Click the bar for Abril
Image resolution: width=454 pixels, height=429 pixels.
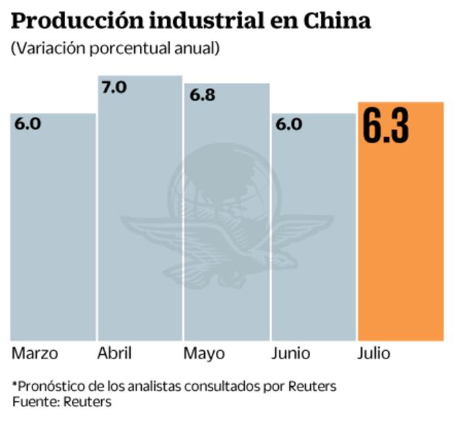140,221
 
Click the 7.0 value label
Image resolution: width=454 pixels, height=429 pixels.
114,88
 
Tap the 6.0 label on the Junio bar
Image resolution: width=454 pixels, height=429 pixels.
289,125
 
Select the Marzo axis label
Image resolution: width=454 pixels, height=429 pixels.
35,354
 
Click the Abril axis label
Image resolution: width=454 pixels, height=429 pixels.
114,354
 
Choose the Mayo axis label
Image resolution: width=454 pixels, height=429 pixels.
203,354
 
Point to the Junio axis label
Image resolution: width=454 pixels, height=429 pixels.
291,354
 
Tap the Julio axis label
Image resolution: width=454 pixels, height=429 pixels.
374,354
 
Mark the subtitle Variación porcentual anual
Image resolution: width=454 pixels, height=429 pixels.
115,48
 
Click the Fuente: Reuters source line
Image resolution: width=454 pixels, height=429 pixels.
62,401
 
